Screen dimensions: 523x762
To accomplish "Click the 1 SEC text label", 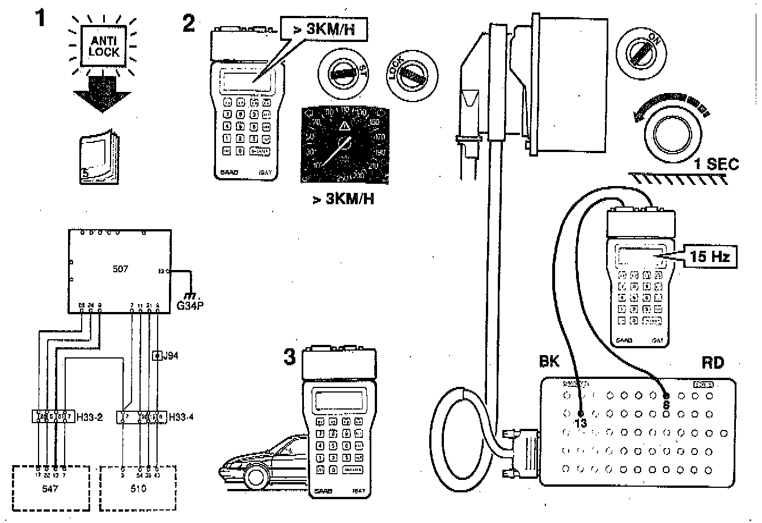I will click(717, 165).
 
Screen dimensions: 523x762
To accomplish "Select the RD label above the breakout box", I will click(713, 362).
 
